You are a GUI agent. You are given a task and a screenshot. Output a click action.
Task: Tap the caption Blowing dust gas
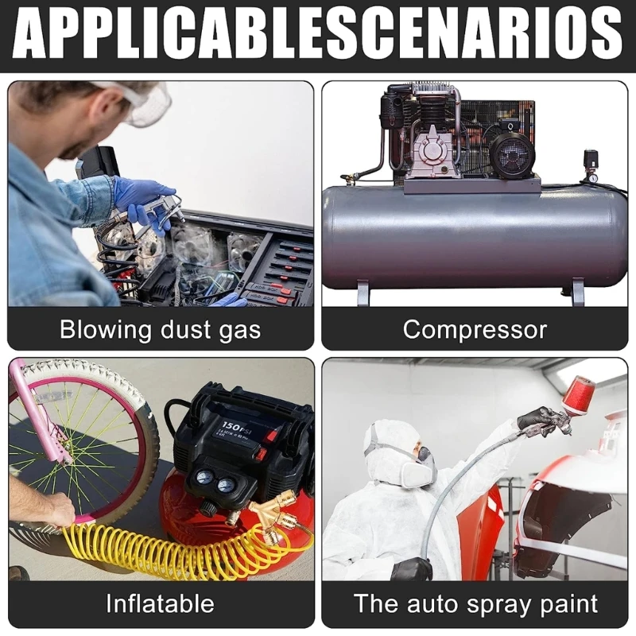point(160,329)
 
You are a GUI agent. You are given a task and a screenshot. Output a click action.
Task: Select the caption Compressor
point(475,329)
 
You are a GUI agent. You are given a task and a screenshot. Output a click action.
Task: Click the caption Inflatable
point(160,603)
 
